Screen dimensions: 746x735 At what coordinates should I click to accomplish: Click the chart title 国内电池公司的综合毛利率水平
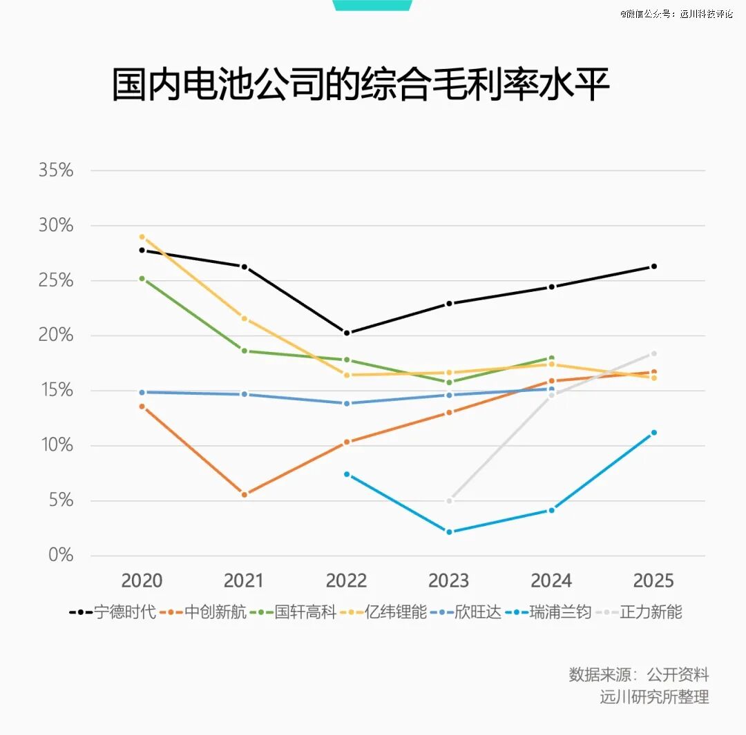pyautogui.click(x=361, y=85)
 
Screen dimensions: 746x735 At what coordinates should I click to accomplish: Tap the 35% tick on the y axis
pyautogui.click(x=56, y=170)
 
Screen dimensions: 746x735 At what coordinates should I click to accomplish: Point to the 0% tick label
pyautogui.click(x=61, y=555)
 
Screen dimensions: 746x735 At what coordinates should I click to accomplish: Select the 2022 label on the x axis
pyautogui.click(x=346, y=580)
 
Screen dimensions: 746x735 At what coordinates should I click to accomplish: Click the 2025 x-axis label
pyautogui.click(x=653, y=580)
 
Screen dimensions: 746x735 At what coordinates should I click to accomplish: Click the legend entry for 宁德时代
pyautogui.click(x=113, y=612)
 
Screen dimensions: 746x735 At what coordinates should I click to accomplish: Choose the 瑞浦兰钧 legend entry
pyautogui.click(x=548, y=612)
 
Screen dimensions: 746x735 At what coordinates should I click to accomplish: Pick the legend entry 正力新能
pyautogui.click(x=638, y=612)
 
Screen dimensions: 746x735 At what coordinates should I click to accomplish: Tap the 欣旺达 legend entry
pyautogui.click(x=466, y=612)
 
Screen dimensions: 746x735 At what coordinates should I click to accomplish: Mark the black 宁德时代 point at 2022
pyautogui.click(x=347, y=333)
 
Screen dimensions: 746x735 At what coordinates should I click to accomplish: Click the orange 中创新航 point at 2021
pyautogui.click(x=245, y=495)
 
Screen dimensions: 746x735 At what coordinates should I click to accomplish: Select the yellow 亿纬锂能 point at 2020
pyautogui.click(x=142, y=237)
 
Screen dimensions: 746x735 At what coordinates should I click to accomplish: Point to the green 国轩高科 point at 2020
pyautogui.click(x=142, y=279)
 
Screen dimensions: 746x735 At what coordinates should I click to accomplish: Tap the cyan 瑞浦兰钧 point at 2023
pyautogui.click(x=449, y=532)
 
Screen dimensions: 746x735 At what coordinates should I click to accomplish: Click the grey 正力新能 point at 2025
pyautogui.click(x=653, y=354)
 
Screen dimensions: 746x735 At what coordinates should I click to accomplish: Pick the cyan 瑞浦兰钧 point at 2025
pyautogui.click(x=653, y=433)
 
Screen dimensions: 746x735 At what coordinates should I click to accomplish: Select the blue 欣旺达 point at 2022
pyautogui.click(x=347, y=404)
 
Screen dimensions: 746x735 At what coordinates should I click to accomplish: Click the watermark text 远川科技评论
pyautogui.click(x=707, y=14)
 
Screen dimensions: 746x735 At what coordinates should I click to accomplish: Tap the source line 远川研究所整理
pyautogui.click(x=654, y=697)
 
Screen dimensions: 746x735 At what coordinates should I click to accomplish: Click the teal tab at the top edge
pyautogui.click(x=372, y=6)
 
